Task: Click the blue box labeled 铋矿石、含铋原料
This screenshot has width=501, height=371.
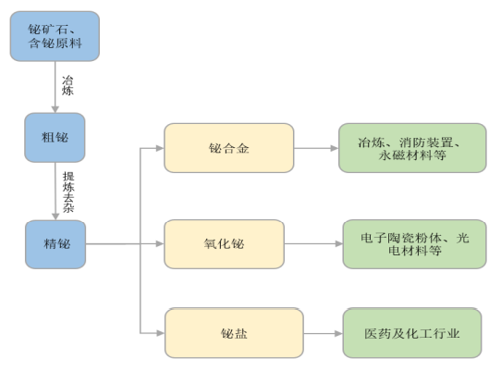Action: [55, 36]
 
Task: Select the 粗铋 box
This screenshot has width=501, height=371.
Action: [55, 137]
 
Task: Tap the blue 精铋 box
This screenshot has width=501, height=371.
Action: [55, 244]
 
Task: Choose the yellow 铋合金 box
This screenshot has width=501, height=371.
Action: [228, 148]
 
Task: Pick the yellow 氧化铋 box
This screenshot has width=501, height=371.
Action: [224, 244]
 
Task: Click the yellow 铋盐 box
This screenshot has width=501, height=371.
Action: [234, 333]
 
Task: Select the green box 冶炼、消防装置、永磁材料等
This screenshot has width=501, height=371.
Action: [412, 148]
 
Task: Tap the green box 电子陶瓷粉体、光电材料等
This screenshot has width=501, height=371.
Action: [414, 244]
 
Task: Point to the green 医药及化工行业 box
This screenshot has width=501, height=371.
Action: [412, 333]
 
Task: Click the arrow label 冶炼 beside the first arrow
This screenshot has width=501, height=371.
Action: [67, 85]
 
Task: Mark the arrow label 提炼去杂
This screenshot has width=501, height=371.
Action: [68, 192]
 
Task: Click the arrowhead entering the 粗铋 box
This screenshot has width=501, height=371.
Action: [55, 109]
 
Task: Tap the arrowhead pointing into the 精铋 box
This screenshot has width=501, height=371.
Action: [55, 216]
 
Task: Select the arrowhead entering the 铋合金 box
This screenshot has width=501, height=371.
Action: [160, 148]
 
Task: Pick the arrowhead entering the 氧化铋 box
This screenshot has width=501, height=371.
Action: [160, 243]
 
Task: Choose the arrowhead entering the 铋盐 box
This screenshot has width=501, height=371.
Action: [161, 333]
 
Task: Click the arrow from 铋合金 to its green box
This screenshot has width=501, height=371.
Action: [316, 148]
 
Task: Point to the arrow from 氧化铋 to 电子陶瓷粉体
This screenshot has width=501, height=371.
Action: [313, 243]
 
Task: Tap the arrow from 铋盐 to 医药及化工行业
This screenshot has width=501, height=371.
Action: [323, 333]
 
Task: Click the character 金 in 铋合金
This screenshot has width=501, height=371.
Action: [243, 148]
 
